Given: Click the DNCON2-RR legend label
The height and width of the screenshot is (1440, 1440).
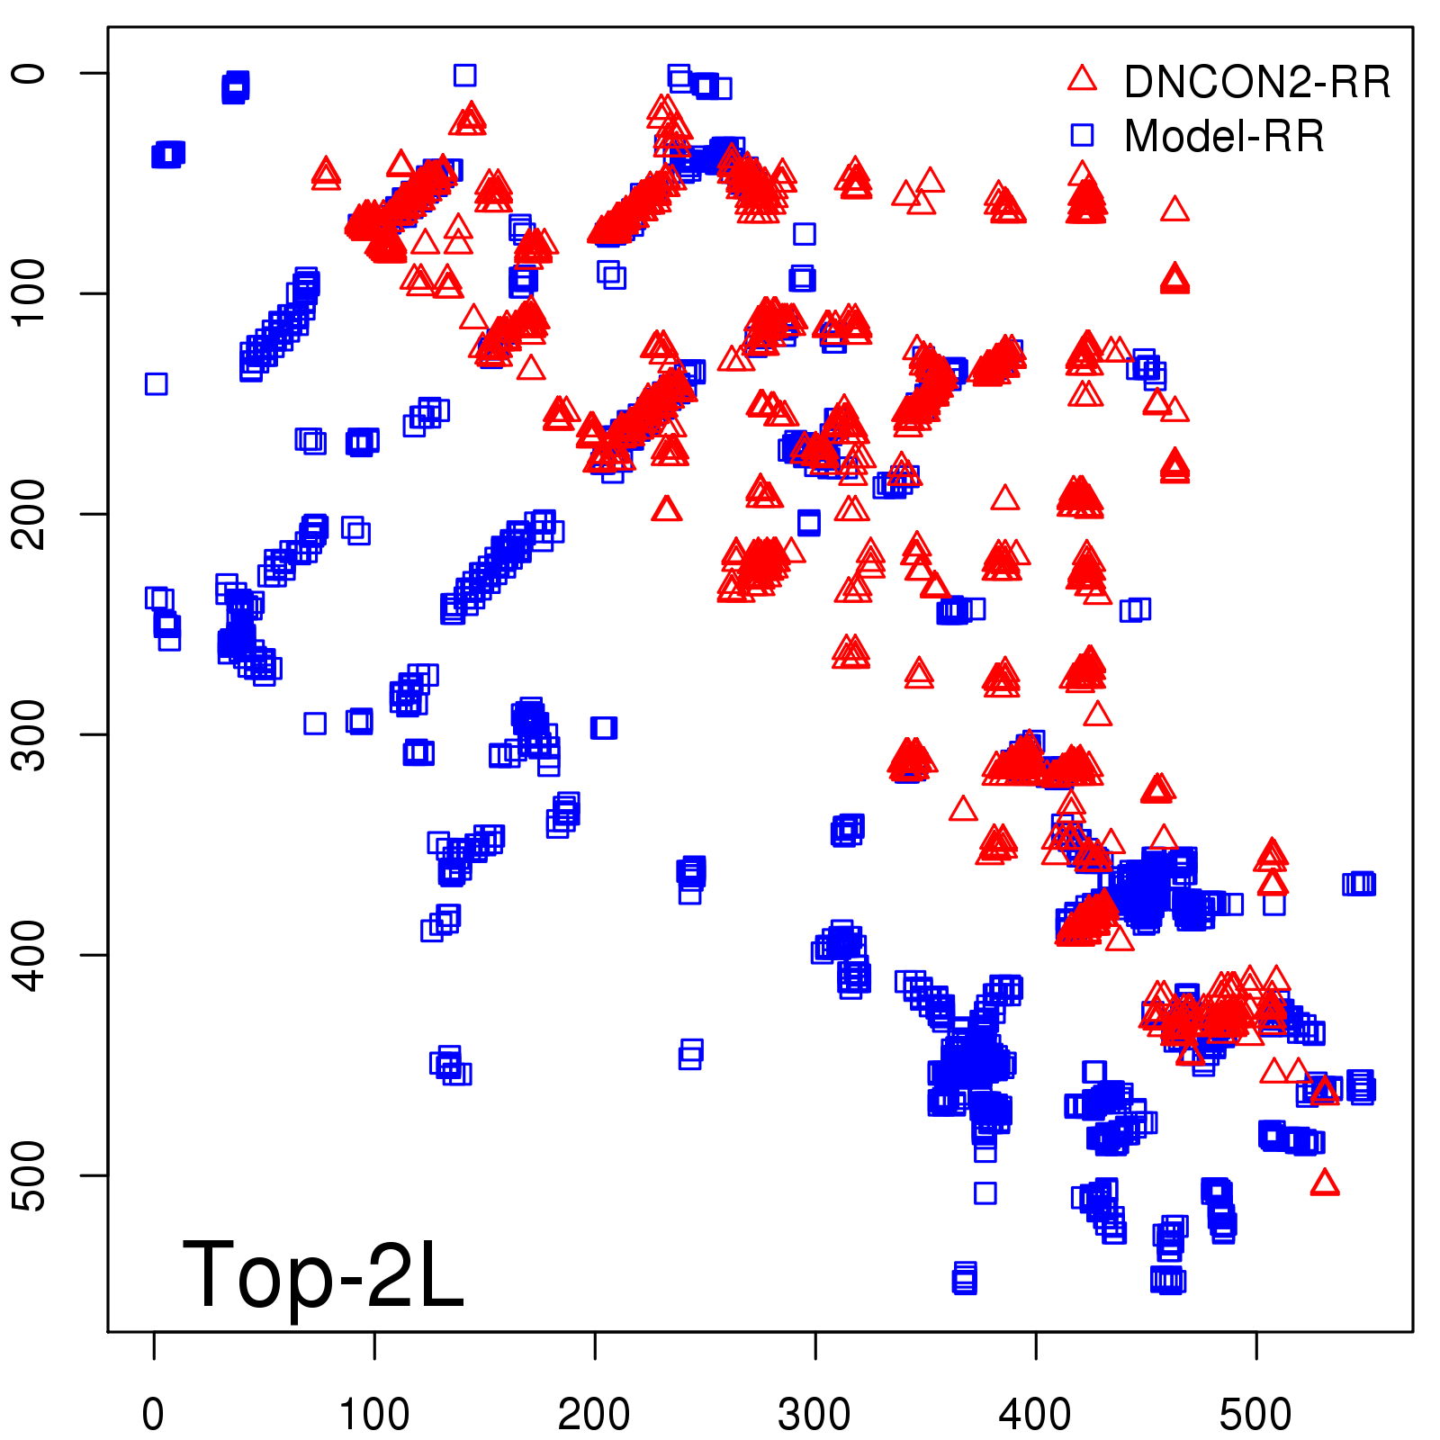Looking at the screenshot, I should (1256, 83).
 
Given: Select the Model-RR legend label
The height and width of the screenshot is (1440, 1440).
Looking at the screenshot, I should (1224, 137).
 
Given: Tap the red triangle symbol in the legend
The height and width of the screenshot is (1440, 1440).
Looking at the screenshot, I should (1082, 79).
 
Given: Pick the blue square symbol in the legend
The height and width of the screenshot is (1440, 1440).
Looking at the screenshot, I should (1082, 135).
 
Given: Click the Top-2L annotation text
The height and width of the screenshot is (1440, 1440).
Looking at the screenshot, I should (322, 1274).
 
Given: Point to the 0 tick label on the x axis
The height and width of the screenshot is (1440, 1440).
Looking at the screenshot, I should (154, 1414).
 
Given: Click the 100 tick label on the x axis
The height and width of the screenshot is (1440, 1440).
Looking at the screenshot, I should (374, 1414).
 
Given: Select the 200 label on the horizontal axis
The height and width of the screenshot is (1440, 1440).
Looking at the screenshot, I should (594, 1414).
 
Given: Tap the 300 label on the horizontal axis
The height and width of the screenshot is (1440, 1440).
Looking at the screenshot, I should (814, 1414).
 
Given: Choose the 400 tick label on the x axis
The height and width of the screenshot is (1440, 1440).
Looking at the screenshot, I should (1035, 1414).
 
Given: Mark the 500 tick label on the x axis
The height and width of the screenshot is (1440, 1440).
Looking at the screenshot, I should (1255, 1414).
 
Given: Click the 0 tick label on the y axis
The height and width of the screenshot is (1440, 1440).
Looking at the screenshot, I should (31, 73).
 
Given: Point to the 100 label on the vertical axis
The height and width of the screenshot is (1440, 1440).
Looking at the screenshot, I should (31, 293).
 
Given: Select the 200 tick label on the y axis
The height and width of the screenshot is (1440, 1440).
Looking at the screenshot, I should (31, 514).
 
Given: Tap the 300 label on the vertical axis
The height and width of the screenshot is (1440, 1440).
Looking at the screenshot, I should (31, 734).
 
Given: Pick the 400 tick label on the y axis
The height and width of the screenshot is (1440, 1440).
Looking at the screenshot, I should (31, 955).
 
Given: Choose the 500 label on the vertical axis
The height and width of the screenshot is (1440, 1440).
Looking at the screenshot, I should (31, 1175).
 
